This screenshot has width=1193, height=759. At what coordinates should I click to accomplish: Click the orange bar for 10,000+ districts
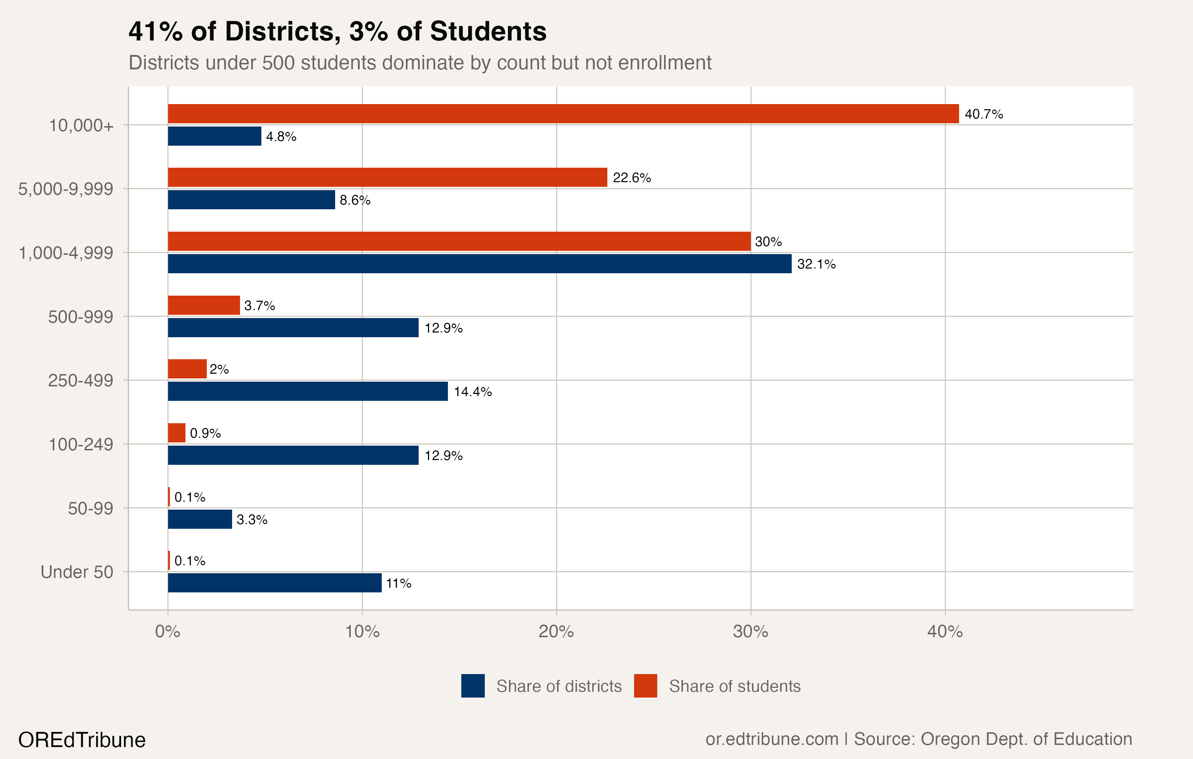click(563, 113)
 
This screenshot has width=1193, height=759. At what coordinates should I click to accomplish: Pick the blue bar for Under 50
click(274, 583)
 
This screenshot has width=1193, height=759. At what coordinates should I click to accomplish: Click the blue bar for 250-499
click(307, 391)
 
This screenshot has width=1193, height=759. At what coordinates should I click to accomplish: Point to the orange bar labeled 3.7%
click(204, 305)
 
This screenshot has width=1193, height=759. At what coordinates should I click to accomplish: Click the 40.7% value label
click(983, 114)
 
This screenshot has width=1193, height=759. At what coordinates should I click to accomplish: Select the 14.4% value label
click(473, 391)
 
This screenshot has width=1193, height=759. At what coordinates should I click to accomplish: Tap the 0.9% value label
click(205, 433)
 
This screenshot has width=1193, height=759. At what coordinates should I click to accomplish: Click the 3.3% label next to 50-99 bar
click(252, 519)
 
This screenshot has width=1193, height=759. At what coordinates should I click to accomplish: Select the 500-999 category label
click(80, 317)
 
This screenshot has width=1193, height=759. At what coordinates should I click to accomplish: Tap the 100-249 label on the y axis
click(80, 445)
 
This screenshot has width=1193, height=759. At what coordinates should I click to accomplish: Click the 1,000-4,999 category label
click(66, 253)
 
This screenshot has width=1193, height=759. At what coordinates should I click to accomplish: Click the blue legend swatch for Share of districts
click(473, 686)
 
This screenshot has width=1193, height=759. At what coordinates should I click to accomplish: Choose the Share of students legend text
click(734, 686)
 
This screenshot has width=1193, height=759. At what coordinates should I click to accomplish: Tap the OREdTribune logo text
click(82, 740)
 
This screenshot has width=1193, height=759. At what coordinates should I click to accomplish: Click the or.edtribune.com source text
click(771, 739)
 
